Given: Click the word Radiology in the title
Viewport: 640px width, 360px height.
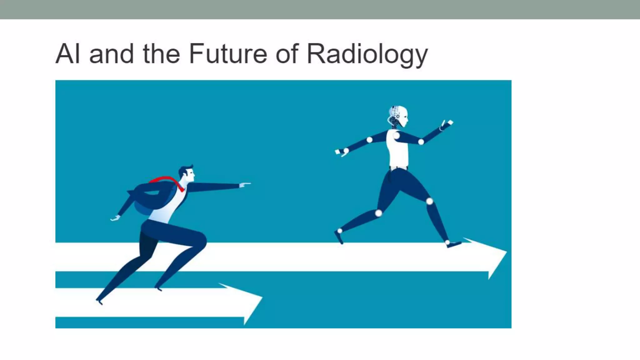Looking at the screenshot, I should pos(367,54).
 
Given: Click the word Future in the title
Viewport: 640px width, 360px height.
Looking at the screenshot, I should pos(228,53).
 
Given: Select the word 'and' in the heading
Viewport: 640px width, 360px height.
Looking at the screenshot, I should pos(111,54).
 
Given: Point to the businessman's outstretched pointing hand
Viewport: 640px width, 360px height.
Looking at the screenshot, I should pos(245,185).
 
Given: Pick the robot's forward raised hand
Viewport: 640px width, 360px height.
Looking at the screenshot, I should pos(447,124).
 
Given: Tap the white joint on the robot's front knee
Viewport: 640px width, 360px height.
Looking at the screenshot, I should pos(430,201).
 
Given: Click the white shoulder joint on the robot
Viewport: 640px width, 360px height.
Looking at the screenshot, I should pos(396,136).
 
